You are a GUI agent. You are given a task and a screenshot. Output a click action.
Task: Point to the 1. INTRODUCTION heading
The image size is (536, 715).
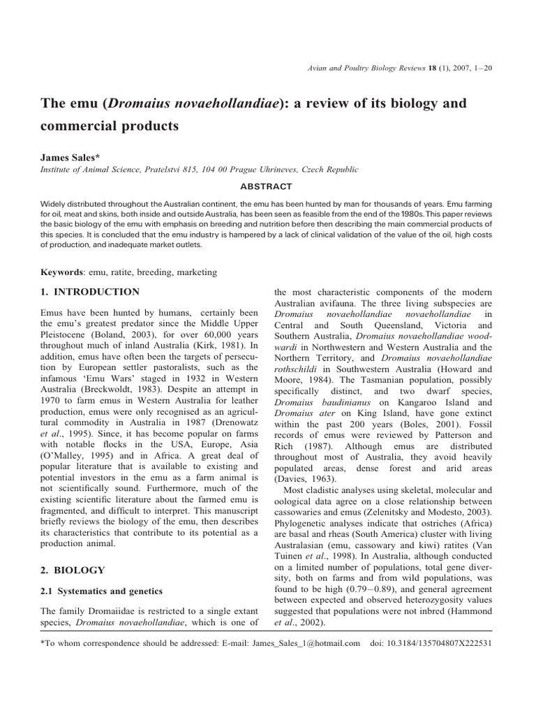91,292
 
